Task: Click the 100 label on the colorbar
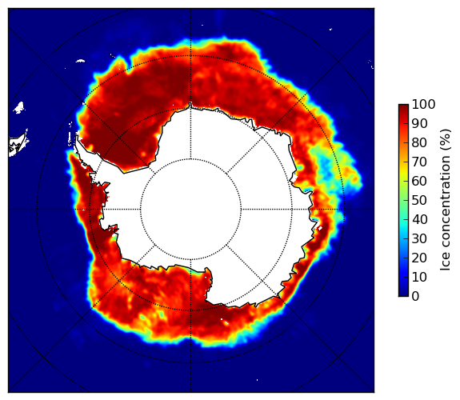[x=423, y=105]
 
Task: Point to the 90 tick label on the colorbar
[x=419, y=123]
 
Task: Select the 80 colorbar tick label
[x=419, y=143]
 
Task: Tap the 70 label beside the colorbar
[x=419, y=162]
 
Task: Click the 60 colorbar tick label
[x=419, y=181]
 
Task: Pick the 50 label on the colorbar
[x=419, y=201]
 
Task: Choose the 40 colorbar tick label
[x=419, y=219]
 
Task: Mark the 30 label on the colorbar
[x=419, y=238]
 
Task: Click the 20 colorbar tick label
[x=419, y=258]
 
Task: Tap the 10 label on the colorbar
[x=419, y=277]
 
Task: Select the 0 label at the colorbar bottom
[x=415, y=297]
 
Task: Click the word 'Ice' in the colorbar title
[x=445, y=263]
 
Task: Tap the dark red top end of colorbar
[x=403, y=106]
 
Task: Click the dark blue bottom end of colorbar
[x=403, y=294]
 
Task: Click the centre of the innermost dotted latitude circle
[x=190, y=210]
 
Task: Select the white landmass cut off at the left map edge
[x=18, y=144]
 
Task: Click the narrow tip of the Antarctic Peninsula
[x=77, y=138]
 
